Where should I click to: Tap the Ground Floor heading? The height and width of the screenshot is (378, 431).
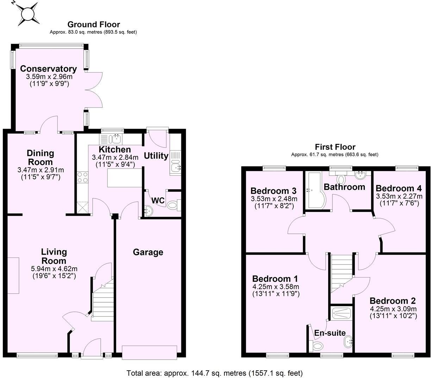pos(94,24)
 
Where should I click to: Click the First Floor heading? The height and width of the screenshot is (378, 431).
pos(335,147)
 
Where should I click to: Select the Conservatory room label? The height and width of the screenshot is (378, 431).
pos(48,69)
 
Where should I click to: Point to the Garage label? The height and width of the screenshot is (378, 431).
pos(148,252)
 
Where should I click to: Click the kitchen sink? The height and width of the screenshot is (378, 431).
pos(115,138)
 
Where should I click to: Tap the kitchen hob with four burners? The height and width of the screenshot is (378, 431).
pos(82,177)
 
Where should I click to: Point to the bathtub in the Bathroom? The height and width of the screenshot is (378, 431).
pos(314,190)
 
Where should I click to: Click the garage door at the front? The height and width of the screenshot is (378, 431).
pos(149,352)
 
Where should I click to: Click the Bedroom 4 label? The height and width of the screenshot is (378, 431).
pos(399,188)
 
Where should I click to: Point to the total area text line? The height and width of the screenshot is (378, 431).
pos(214,373)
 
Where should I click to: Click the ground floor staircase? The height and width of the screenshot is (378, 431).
pos(103,300)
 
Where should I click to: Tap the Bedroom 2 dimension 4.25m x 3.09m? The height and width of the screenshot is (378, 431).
pos(393,309)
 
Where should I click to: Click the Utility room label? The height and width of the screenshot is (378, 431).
pos(156,156)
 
